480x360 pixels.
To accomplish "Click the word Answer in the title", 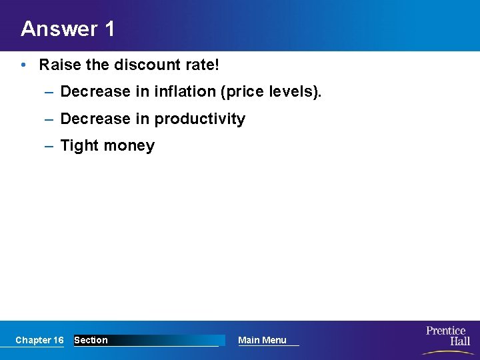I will [x=59, y=29].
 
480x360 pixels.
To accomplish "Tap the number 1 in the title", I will [x=109, y=29].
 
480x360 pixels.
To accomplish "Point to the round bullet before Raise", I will [x=23, y=65].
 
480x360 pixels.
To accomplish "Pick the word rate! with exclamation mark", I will [x=203, y=65].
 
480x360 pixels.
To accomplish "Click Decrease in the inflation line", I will [x=95, y=92].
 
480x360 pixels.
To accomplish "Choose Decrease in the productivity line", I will [x=95, y=119].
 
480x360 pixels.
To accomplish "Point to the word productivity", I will [x=200, y=119].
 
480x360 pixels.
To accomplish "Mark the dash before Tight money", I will [x=49, y=146].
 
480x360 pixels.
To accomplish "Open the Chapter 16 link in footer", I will [x=39, y=340].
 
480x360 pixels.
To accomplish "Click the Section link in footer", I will [x=91, y=340].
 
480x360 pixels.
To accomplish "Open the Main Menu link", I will [x=262, y=340].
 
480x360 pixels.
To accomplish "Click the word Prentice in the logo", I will [x=445, y=331].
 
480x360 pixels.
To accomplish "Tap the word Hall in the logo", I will [x=459, y=341].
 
